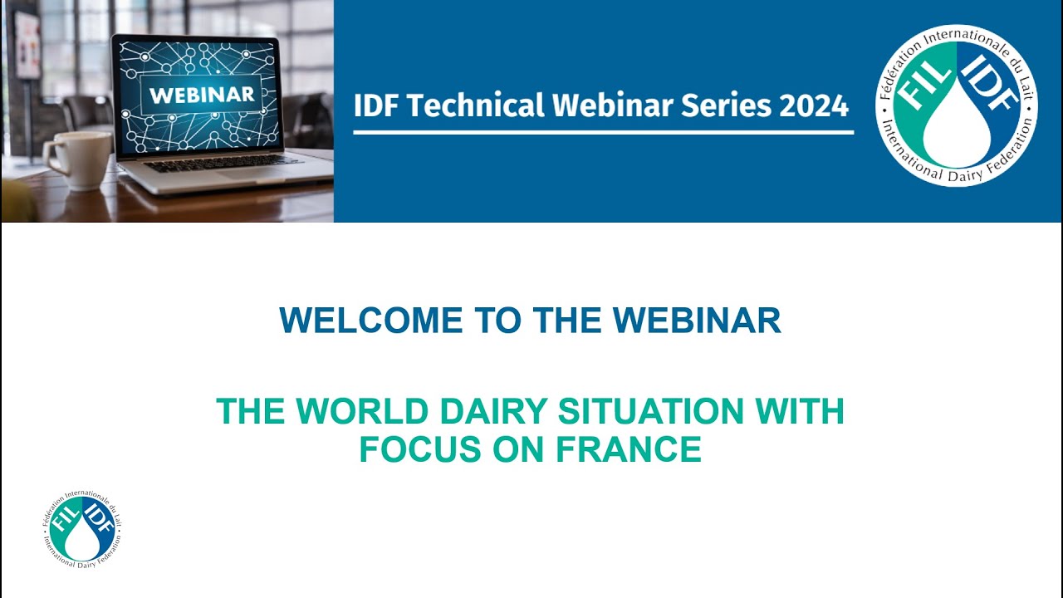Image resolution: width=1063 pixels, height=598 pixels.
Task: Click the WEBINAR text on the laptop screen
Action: click(x=202, y=94)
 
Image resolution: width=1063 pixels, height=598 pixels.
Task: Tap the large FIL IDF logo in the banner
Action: click(x=957, y=105)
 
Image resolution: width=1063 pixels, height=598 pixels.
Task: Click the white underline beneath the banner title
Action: click(x=603, y=132)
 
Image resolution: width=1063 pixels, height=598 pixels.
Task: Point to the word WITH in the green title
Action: click(x=801, y=411)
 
